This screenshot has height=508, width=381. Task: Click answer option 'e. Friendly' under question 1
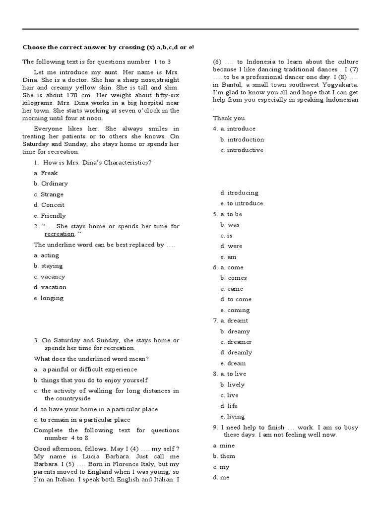coord(50,216)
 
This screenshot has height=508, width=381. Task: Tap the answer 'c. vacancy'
coord(49,277)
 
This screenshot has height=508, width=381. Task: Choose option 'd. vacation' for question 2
coord(50,287)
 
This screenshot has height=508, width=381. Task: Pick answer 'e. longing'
coord(49,298)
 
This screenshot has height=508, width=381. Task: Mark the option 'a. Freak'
coord(46,173)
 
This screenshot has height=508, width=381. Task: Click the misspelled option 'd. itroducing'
coord(239,193)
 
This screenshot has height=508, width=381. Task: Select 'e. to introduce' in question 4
coord(242,203)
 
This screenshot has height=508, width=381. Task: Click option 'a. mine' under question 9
coord(224,445)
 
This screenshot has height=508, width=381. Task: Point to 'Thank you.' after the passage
coord(229,118)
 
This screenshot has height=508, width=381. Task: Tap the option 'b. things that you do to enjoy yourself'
coord(91,380)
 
